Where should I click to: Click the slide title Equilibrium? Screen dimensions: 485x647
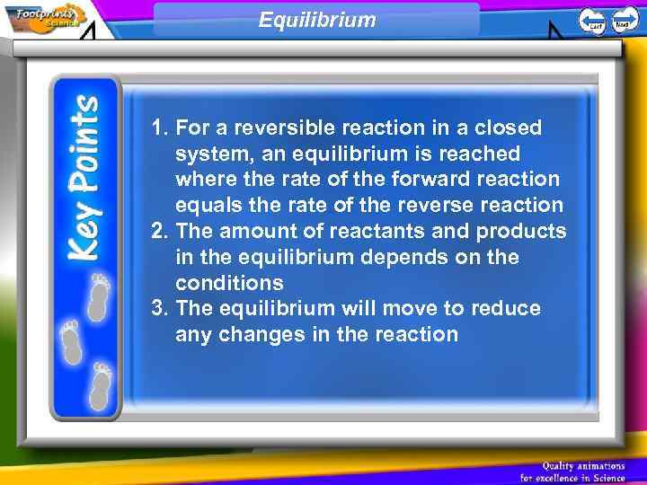[x=317, y=19]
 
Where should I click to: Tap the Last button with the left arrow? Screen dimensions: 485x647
[x=592, y=21]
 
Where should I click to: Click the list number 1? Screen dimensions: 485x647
[x=160, y=128]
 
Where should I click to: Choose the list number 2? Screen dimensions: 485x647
[x=160, y=232]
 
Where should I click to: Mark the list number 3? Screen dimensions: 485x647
[x=160, y=309]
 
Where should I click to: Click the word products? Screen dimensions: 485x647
[x=521, y=232]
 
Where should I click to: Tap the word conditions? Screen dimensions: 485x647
[x=230, y=283]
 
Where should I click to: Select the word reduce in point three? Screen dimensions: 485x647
[x=507, y=309]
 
